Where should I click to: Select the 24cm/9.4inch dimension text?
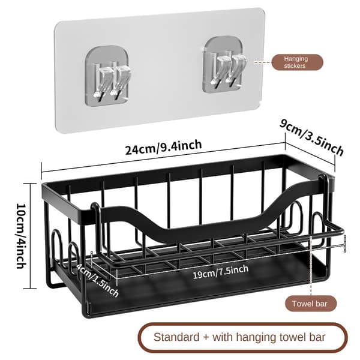tap(163, 148)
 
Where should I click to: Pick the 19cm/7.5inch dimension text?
tap(220, 272)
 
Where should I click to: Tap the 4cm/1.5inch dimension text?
tap(98, 280)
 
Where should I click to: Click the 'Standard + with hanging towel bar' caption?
tap(239, 337)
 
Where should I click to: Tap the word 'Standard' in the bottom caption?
tap(176, 337)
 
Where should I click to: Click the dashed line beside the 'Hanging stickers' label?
tap(262, 62)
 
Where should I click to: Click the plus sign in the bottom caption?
tap(206, 338)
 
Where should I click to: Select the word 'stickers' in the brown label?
tap(295, 66)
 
